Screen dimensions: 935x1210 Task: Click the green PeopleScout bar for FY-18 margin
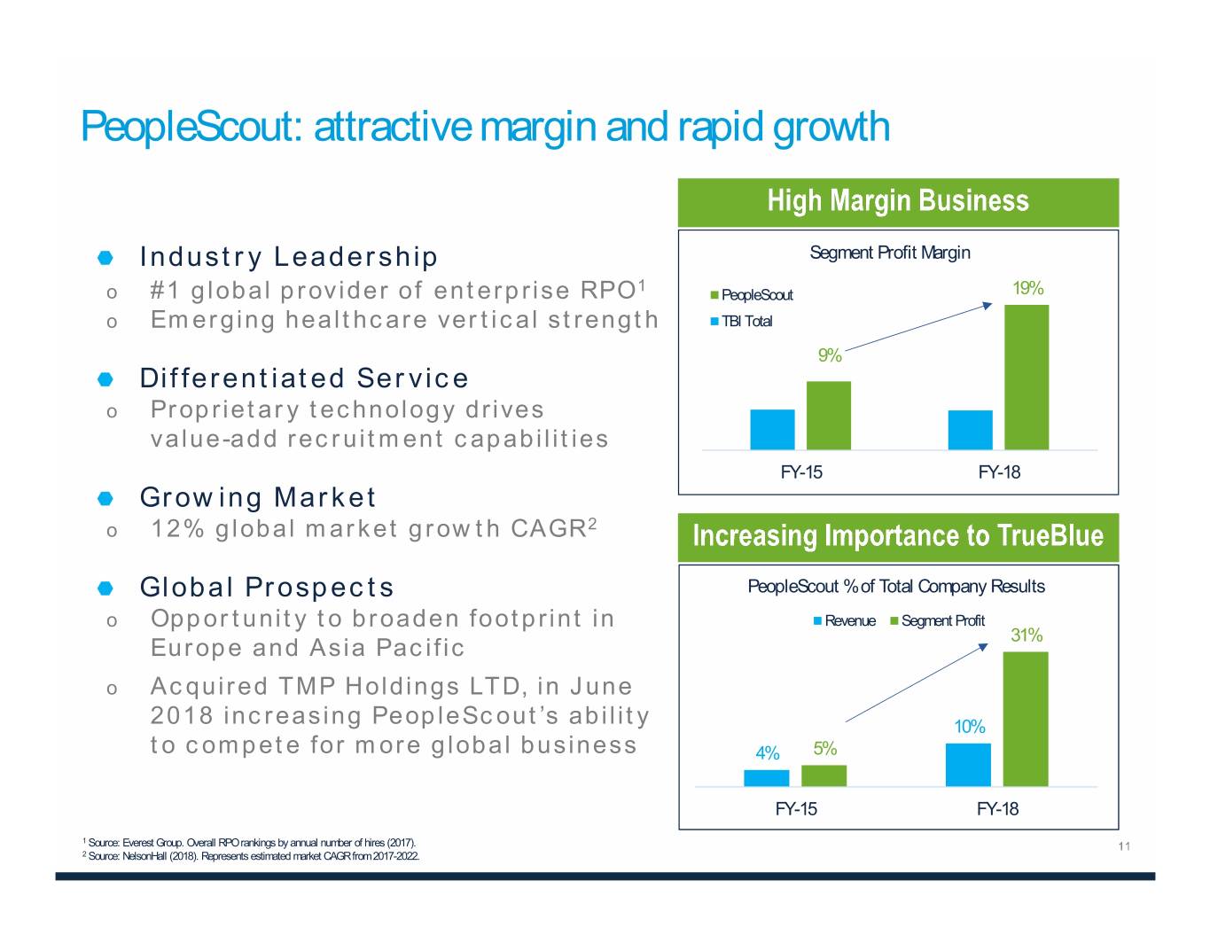[1026, 377]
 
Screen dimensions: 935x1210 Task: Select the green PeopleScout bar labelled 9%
[828, 415]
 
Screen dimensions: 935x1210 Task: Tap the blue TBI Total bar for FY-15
[772, 429]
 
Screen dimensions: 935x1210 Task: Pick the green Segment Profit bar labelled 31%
[1025, 719]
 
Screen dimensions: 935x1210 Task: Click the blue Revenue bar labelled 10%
[968, 764]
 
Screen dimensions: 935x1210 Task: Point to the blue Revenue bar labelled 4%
[766, 777]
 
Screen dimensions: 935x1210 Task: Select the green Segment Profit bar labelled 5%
[824, 775]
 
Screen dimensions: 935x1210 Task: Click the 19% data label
[1027, 288]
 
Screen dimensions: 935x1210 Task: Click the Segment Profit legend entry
[942, 620]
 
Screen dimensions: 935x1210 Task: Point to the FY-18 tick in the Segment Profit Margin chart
[999, 472]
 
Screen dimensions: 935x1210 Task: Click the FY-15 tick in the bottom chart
[796, 808]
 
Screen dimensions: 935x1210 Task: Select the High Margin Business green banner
[897, 201]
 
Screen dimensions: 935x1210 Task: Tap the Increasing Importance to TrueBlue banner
[897, 536]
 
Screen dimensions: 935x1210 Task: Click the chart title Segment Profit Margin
[889, 253]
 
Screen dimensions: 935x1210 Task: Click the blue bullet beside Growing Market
[105, 498]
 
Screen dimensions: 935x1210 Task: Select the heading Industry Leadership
[288, 257]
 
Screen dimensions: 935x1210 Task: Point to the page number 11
[1124, 846]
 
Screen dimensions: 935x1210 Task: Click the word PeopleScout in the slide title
[192, 127]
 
